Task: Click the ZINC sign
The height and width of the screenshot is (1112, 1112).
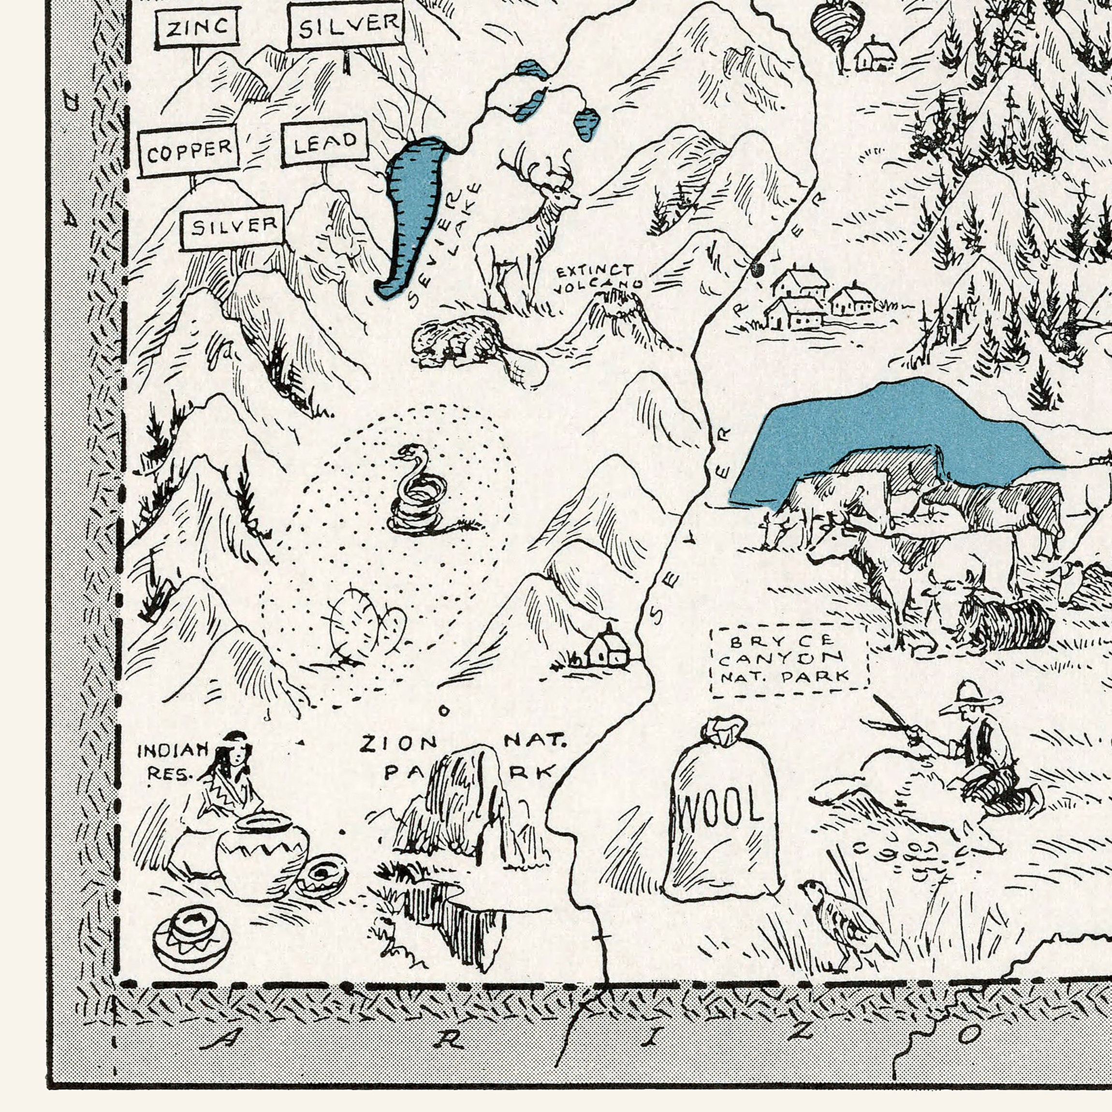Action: pyautogui.click(x=197, y=27)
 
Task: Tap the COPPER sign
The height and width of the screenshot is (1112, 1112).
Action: pyautogui.click(x=189, y=150)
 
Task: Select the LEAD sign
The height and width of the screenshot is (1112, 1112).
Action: pyautogui.click(x=324, y=142)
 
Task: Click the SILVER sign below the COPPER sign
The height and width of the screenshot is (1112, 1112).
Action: pyautogui.click(x=232, y=227)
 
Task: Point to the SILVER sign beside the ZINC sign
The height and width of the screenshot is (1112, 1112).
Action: pyautogui.click(x=346, y=25)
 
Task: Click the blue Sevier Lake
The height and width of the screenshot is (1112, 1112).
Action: pyautogui.click(x=411, y=213)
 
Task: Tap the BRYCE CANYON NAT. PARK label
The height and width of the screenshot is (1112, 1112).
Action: pyautogui.click(x=789, y=659)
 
